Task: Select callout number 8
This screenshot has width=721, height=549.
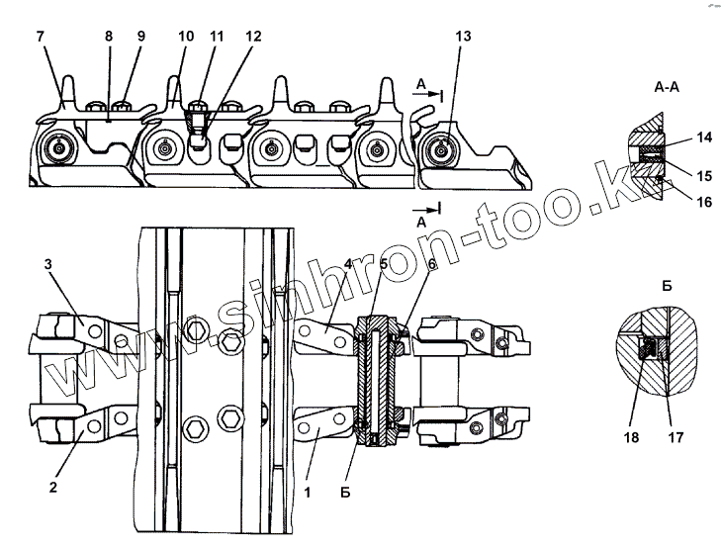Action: (109, 36)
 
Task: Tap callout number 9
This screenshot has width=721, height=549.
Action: (140, 36)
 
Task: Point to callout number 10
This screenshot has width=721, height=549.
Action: (185, 36)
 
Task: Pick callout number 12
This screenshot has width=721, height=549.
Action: (254, 36)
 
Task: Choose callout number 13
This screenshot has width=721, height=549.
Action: (462, 36)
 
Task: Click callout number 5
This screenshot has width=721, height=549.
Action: (385, 264)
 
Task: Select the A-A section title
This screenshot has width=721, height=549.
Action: (666, 86)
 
